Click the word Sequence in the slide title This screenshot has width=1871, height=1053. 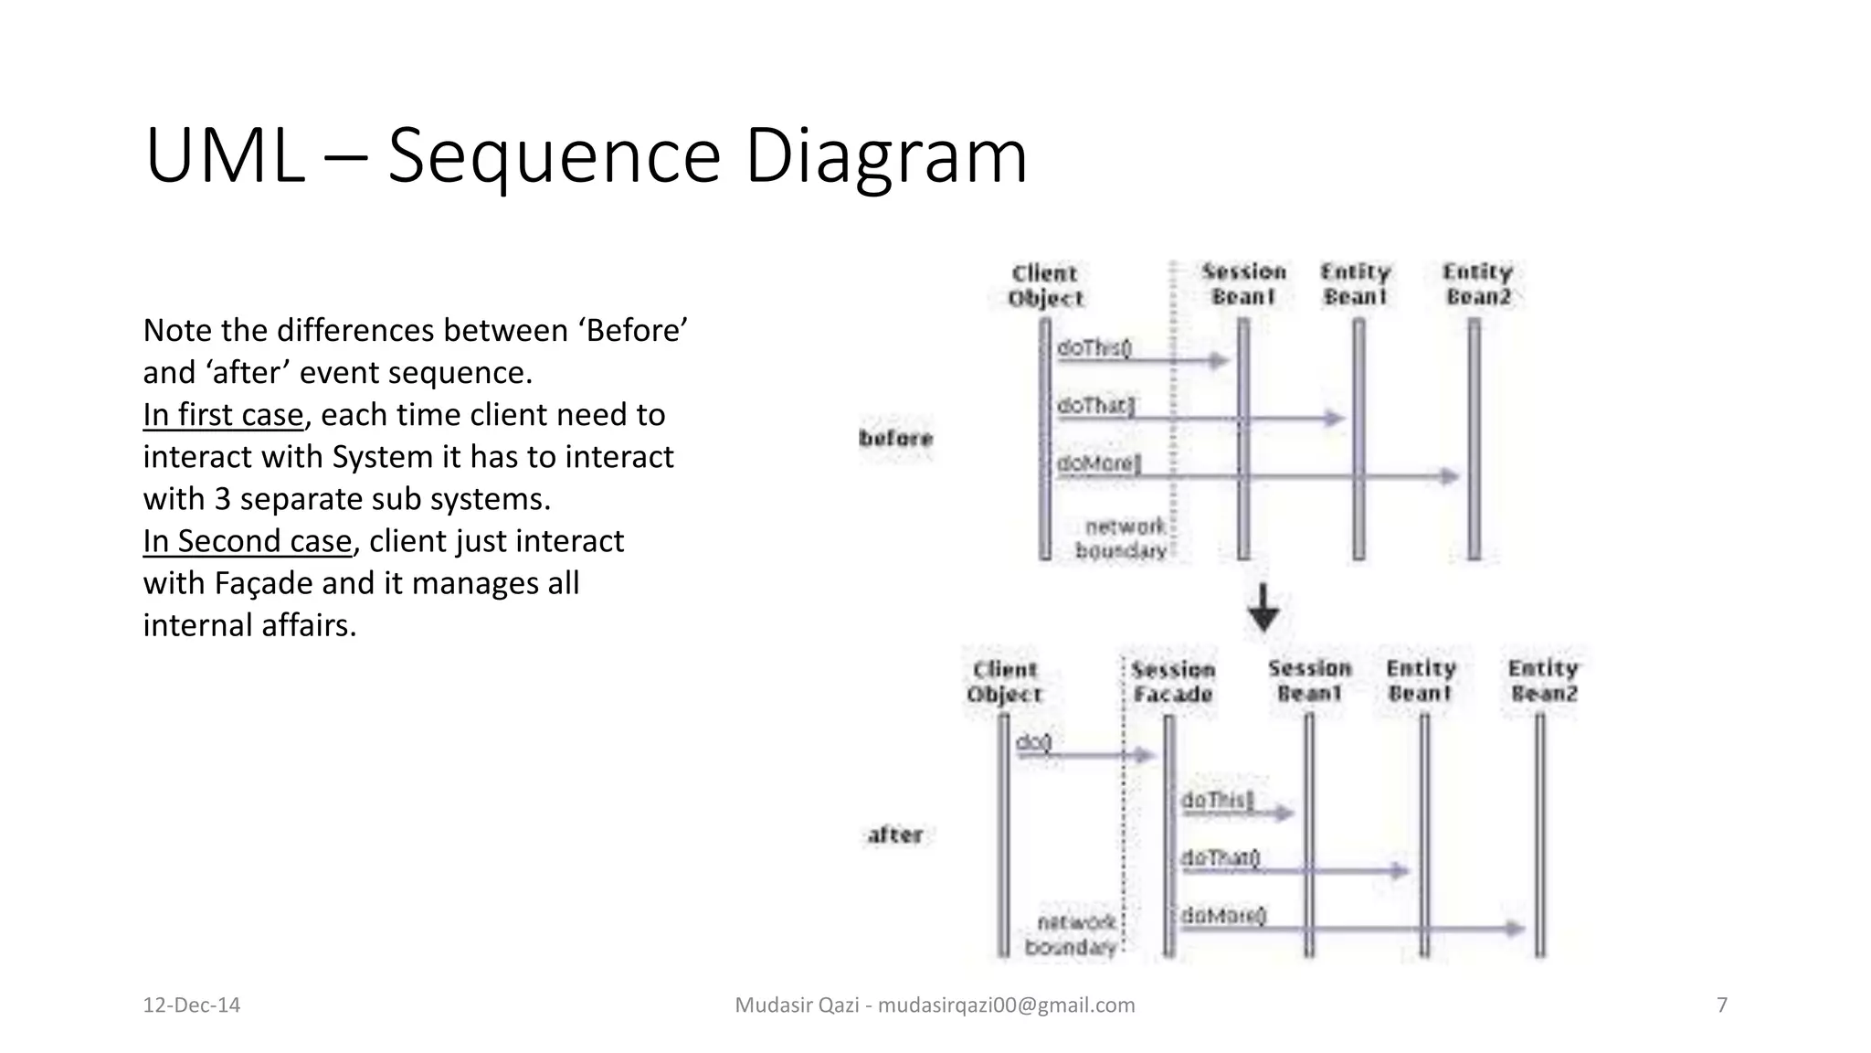click(554, 157)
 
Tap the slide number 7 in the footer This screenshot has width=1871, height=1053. click(1722, 1005)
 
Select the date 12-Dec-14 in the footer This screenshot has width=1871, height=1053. click(192, 1005)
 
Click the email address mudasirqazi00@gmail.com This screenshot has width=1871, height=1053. click(1006, 1005)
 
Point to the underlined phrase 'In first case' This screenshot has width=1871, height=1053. click(223, 415)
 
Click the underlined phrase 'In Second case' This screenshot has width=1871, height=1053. click(247, 541)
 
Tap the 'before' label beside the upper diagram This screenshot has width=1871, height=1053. click(896, 439)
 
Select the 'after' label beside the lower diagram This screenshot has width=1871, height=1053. click(895, 835)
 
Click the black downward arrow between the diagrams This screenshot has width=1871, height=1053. click(1263, 609)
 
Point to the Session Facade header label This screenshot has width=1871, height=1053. click(1173, 682)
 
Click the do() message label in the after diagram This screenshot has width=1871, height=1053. click(1034, 742)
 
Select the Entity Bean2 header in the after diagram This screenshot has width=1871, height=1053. click(1543, 681)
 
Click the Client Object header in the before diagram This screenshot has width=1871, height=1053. click(1045, 286)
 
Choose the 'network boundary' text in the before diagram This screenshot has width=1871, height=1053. click(1122, 538)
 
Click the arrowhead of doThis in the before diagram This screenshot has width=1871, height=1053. click(1220, 360)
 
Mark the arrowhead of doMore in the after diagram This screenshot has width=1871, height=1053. click(1516, 929)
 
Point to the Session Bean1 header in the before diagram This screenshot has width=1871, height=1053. click(1243, 284)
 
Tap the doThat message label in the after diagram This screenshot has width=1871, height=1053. click(1221, 857)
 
